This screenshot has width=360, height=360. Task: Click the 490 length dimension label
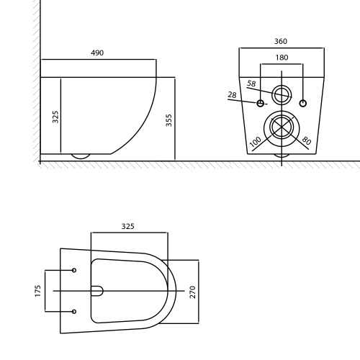click(97, 53)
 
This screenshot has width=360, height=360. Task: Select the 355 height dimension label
click(169, 120)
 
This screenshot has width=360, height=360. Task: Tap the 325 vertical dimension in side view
click(55, 117)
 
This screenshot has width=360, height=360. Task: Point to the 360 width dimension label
click(281, 41)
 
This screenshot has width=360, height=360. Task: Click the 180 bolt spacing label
click(282, 58)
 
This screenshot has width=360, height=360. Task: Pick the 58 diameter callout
click(251, 84)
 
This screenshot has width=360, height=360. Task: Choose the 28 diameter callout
click(232, 95)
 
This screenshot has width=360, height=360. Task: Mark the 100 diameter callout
click(256, 142)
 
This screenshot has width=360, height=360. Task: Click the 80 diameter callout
click(307, 140)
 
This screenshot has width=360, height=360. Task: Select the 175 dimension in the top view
click(38, 291)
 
